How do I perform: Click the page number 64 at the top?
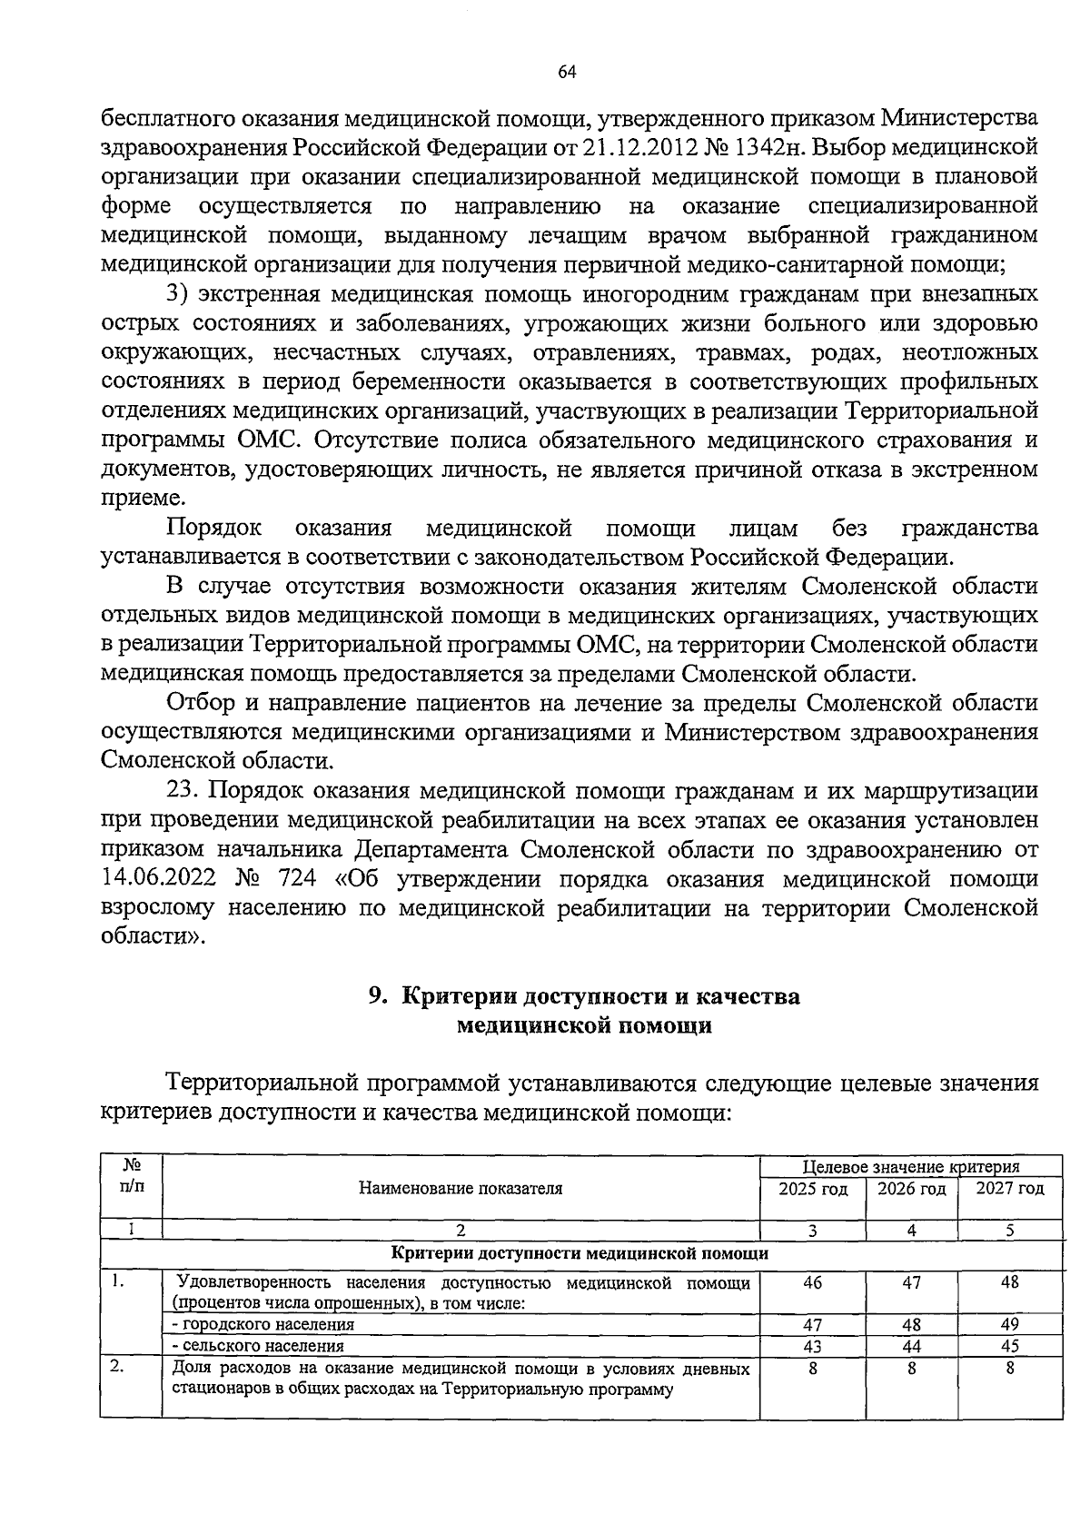(x=568, y=74)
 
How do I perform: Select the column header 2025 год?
(x=812, y=1189)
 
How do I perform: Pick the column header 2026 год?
(x=911, y=1189)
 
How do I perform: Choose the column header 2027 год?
(x=1009, y=1189)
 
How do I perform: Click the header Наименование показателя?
(x=461, y=1189)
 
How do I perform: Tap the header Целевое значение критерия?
(x=911, y=1167)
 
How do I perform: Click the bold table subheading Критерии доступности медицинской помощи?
(x=581, y=1253)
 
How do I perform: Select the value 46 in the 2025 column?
(x=812, y=1282)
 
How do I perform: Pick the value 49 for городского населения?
(x=1009, y=1324)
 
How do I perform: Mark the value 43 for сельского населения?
(x=812, y=1346)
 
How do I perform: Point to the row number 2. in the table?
(x=116, y=1368)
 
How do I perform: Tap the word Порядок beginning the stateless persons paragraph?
(x=214, y=528)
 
